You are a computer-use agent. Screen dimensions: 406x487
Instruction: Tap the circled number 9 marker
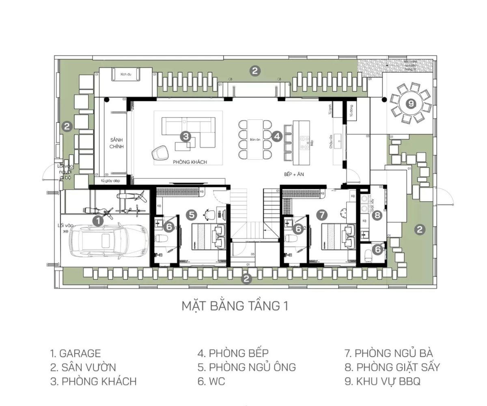412,104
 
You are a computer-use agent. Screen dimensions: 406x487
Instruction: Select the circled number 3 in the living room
186,136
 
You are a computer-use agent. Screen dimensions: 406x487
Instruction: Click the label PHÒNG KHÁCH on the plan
190,162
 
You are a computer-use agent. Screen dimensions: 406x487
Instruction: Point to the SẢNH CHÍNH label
116,143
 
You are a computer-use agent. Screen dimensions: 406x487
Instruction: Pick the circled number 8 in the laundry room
377,216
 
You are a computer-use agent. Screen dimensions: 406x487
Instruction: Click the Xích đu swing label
126,75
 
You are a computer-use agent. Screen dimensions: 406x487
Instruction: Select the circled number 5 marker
192,214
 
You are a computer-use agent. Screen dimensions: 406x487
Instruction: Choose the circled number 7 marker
322,214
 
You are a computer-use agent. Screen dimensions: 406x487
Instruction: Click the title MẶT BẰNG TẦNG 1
235,306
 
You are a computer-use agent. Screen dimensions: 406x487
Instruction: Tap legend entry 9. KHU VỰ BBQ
382,381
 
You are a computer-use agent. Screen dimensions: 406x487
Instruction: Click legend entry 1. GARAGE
75,354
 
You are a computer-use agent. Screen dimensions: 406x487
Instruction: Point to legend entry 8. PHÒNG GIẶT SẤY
392,367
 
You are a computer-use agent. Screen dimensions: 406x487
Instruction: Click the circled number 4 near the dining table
277,136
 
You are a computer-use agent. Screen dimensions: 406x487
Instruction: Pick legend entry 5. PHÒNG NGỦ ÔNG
247,367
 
